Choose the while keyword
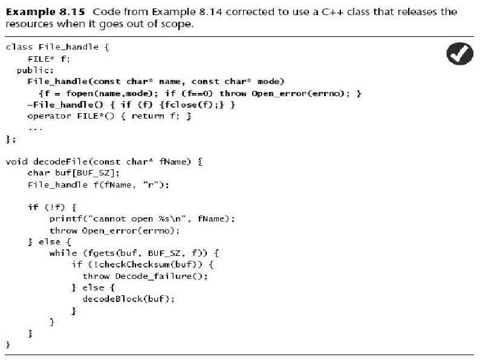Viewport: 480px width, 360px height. pos(62,253)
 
